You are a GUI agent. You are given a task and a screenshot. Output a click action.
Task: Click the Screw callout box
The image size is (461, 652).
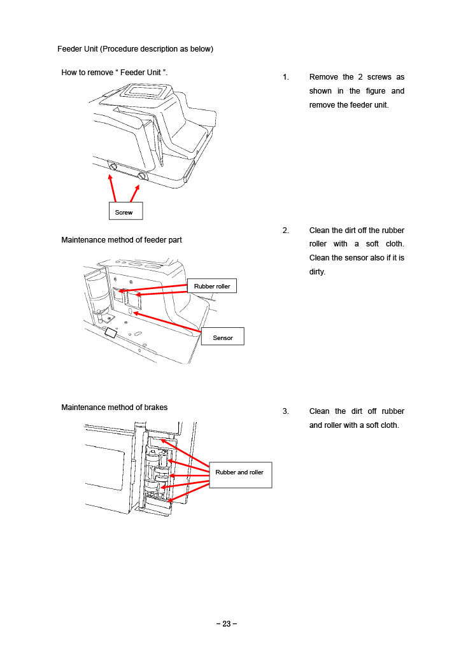[125, 211]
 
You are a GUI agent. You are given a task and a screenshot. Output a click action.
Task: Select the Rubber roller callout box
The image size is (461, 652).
[212, 287]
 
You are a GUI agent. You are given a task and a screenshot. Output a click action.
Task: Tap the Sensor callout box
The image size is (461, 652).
[222, 337]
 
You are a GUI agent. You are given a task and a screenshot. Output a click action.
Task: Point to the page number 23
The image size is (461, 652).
[226, 624]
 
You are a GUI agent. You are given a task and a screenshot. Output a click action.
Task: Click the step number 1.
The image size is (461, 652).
[286, 77]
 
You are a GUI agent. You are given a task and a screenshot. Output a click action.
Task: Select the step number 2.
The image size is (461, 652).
[286, 230]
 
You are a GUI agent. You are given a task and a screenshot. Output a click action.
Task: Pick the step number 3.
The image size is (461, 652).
[286, 411]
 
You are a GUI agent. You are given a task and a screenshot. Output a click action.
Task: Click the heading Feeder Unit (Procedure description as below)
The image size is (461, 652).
[135, 49]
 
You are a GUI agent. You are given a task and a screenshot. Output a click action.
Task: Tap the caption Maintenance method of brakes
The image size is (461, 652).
[115, 407]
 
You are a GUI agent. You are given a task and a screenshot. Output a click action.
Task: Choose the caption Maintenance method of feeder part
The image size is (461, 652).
[122, 240]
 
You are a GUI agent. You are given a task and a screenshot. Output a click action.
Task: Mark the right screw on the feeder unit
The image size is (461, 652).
[141, 176]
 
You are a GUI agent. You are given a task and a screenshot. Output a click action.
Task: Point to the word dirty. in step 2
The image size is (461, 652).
[317, 272]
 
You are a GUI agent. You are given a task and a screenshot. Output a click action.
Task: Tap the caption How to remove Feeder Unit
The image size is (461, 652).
[114, 73]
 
